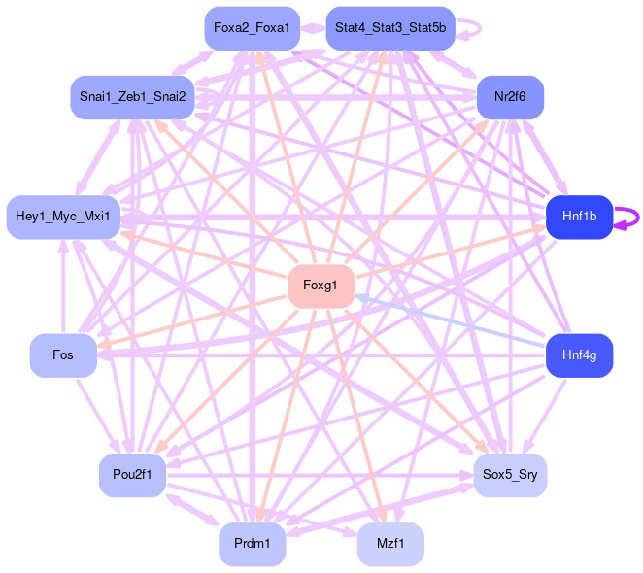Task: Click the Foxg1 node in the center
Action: [321, 286]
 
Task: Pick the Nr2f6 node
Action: [509, 97]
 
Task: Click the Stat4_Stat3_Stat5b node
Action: [389, 28]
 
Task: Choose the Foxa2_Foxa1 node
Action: [251, 28]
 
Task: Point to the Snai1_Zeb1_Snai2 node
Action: [133, 97]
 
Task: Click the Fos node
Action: [63, 355]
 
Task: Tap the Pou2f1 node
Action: [132, 475]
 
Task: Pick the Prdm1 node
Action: [252, 544]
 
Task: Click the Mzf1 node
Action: [389, 544]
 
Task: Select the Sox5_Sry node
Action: [510, 475]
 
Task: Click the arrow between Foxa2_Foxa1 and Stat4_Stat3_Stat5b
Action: [313, 28]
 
